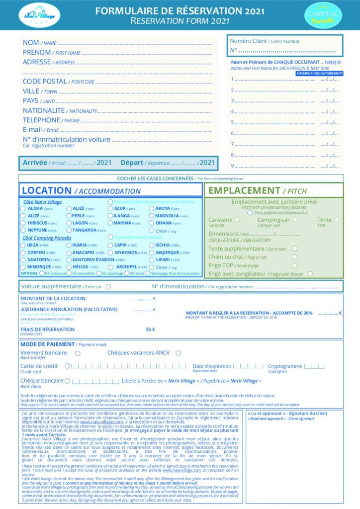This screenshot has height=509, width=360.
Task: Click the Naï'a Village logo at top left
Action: [39, 15]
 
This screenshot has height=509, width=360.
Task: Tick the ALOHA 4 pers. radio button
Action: [23, 208]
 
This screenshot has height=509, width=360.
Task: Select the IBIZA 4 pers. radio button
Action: [23, 245]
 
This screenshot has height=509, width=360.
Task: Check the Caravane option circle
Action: [237, 219]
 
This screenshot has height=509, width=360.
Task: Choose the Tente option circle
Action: [337, 219]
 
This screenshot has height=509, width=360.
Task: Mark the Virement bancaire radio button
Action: [78, 353]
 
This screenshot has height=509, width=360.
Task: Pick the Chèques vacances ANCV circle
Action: [178, 353]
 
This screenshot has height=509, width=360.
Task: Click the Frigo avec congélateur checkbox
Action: [310, 273]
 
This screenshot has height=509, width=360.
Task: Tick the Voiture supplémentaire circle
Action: [108, 286]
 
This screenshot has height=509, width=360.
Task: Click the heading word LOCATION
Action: [47, 190]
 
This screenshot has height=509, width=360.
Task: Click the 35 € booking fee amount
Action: [150, 329]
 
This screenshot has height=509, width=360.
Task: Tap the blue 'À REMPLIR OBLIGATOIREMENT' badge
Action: [319, 73]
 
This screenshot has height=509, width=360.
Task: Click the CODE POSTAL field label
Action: [45, 81]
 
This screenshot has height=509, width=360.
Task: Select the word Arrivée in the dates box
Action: [35, 163]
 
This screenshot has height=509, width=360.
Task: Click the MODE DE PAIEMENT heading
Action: [48, 344]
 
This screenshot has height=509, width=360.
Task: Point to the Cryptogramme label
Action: [284, 366]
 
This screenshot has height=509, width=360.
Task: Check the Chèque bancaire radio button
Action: [68, 381]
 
